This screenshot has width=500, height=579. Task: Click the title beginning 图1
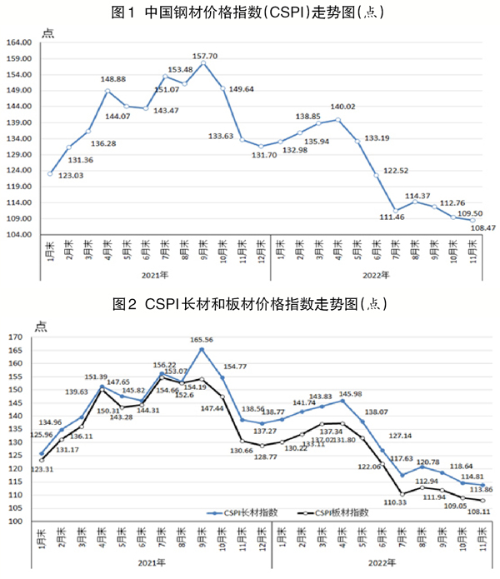pos(250,12)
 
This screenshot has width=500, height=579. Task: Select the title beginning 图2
pos(250,303)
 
